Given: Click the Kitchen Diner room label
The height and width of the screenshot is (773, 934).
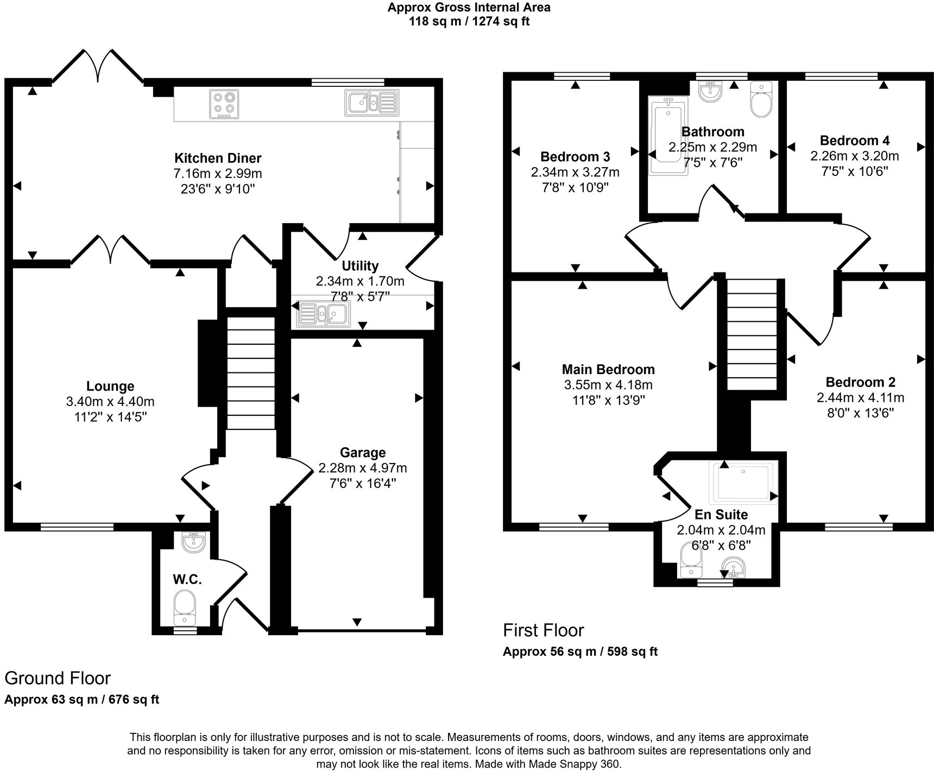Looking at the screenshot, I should click(x=218, y=159).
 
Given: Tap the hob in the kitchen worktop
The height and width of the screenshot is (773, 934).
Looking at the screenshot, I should click(x=224, y=104).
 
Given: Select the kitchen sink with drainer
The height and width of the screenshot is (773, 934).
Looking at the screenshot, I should click(x=371, y=103).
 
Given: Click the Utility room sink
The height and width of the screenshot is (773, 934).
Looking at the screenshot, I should click(x=323, y=314).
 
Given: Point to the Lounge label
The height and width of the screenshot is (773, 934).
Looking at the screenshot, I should click(x=110, y=386).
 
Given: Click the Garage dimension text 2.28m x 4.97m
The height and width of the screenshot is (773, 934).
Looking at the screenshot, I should click(x=363, y=468).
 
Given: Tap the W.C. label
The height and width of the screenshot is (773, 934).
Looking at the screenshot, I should click(x=187, y=580).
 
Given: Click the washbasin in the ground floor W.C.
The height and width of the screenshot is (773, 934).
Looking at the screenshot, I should click(x=192, y=542).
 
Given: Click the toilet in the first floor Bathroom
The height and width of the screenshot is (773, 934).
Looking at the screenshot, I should click(x=761, y=99).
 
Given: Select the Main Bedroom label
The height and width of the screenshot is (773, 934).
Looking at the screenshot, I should click(x=608, y=370).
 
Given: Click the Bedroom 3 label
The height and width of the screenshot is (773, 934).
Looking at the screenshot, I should click(x=575, y=157).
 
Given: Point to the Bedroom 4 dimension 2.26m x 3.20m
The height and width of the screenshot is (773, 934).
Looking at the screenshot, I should click(x=855, y=156).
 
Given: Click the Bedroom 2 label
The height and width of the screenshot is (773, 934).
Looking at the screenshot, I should click(x=861, y=382).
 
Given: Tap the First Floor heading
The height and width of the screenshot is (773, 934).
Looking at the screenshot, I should click(x=543, y=630).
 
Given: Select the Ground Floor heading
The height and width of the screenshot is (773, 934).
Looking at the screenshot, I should click(x=58, y=678).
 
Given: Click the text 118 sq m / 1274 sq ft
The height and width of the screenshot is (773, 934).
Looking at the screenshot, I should click(x=469, y=22).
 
